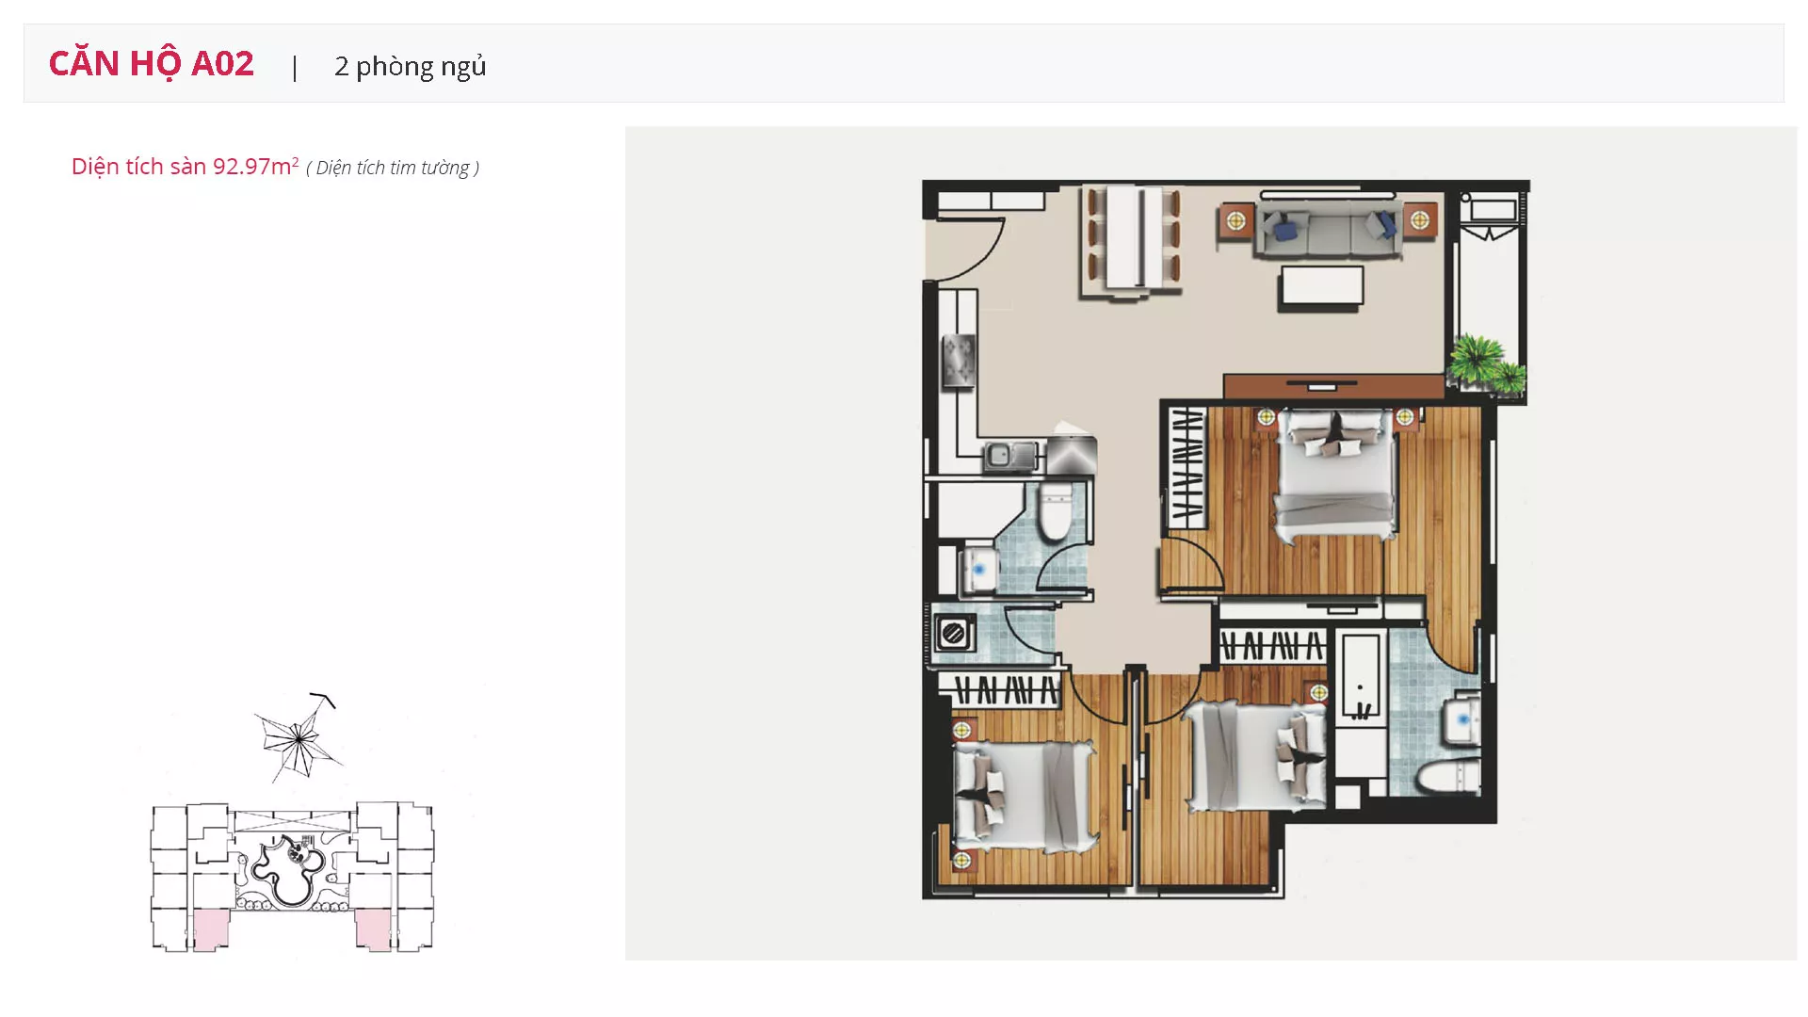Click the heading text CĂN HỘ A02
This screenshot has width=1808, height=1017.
tap(152, 64)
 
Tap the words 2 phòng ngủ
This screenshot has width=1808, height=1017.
tap(411, 66)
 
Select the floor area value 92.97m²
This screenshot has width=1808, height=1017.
tap(255, 166)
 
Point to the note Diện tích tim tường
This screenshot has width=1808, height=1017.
tap(393, 168)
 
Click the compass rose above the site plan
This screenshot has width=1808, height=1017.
tap(299, 737)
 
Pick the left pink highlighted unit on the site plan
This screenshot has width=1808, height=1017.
tap(211, 929)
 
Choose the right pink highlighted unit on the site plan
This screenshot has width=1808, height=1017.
tap(373, 929)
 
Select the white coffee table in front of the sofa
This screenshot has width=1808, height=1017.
tap(1321, 287)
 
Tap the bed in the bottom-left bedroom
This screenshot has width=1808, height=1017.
tap(1024, 797)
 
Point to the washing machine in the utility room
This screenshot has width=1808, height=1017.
tap(954, 633)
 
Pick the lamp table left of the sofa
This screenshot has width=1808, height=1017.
tap(1235, 221)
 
